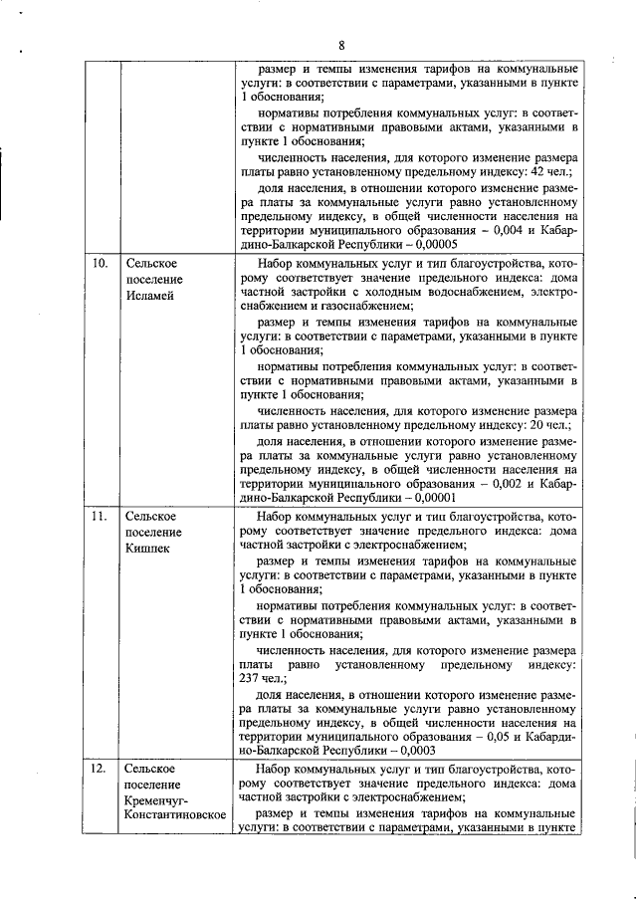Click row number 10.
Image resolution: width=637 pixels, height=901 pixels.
click(x=100, y=264)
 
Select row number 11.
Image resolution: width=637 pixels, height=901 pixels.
click(x=100, y=517)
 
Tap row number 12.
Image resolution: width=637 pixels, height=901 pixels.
click(x=100, y=770)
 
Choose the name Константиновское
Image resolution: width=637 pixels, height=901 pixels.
click(x=175, y=817)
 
